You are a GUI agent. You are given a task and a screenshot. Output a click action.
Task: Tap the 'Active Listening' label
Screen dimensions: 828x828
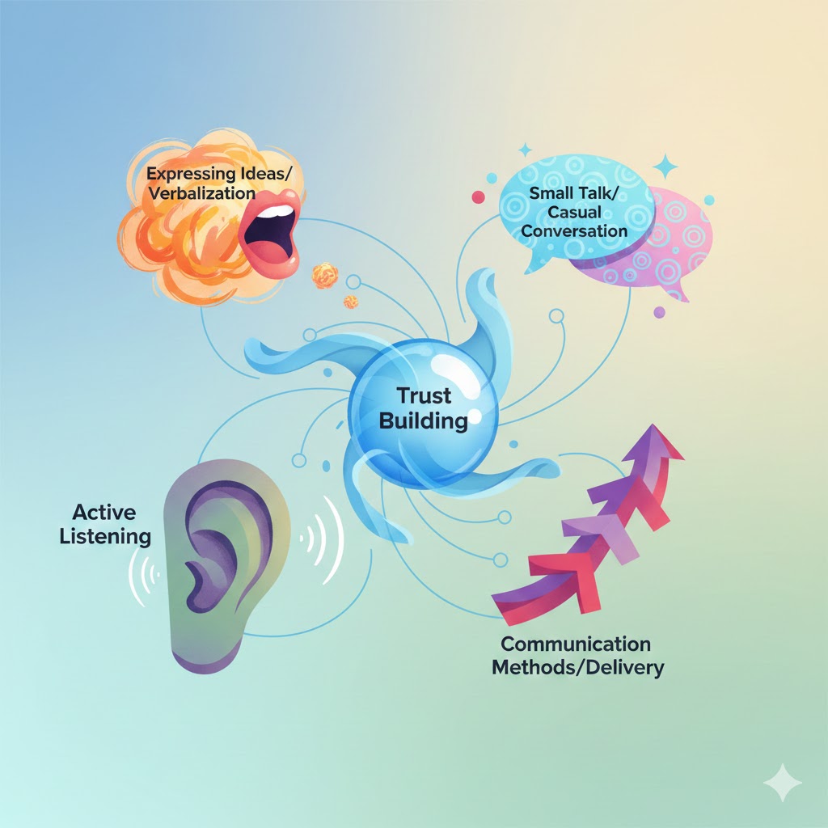pos(105,523)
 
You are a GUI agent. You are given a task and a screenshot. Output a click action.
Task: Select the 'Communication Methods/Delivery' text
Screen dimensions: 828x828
pos(576,656)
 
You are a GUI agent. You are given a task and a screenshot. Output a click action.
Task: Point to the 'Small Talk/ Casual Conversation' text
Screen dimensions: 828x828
pos(574,212)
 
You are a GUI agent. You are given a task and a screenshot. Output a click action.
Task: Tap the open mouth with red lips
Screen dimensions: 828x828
pos(270,230)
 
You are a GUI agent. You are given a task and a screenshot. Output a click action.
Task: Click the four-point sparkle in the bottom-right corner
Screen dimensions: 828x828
pos(783,782)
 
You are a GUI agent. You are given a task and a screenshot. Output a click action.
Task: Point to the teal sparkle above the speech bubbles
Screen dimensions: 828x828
pos(666,167)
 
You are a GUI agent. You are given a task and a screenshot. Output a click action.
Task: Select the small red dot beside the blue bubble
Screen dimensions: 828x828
pos(478,196)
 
